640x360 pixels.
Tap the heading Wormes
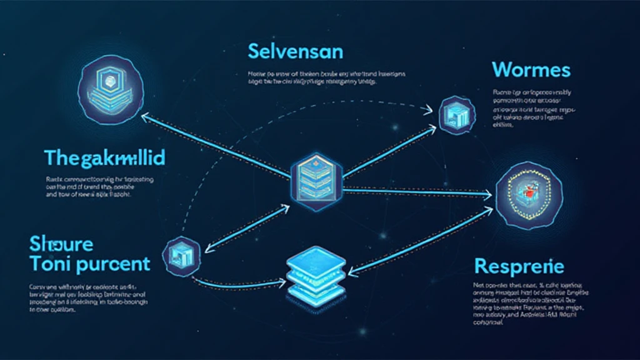531,69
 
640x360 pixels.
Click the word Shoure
61,243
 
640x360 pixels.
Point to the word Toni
50,263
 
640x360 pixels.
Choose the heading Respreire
519,266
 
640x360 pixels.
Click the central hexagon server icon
317,177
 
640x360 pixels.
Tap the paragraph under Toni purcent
87,297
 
